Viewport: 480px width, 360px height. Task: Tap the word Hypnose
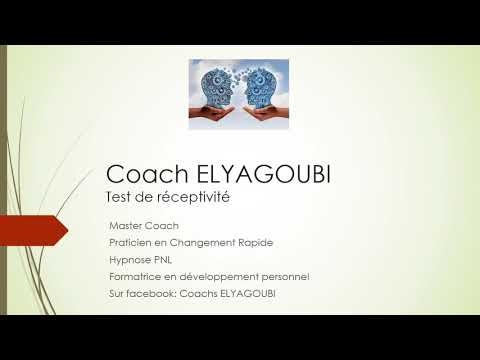[130, 260]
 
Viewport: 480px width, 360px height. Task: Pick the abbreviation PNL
[166, 260]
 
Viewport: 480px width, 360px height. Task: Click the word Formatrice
[135, 276]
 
